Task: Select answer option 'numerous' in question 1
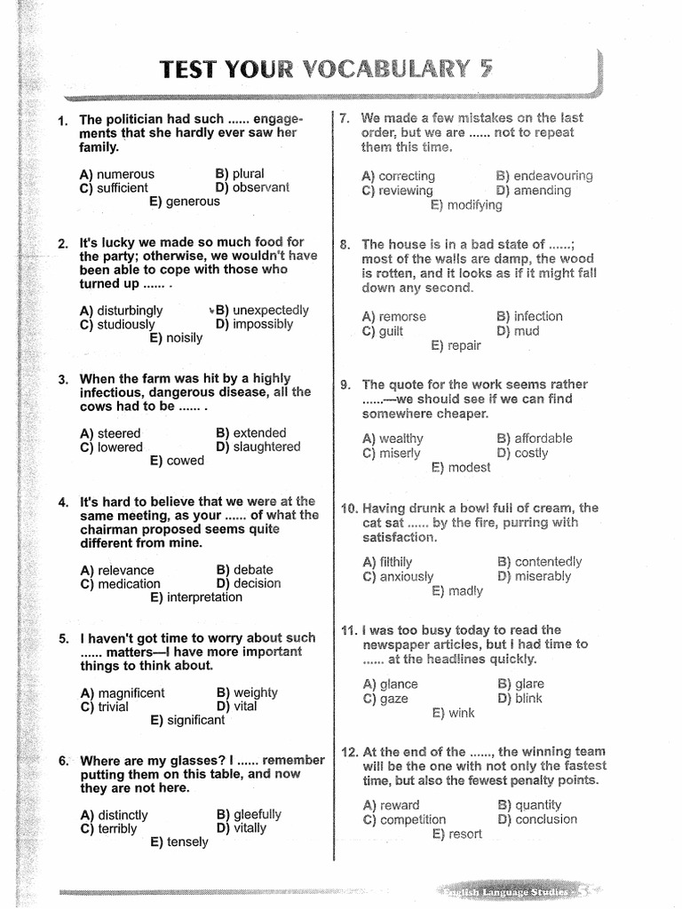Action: click(x=125, y=174)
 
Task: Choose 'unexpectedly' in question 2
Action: click(x=271, y=311)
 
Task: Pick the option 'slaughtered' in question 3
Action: click(x=266, y=447)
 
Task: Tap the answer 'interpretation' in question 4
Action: click(x=204, y=597)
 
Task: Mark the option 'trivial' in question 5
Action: click(x=113, y=707)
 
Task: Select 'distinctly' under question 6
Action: click(x=123, y=815)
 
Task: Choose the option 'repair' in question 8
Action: click(x=464, y=345)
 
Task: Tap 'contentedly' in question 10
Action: click(x=548, y=562)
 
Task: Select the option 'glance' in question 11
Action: click(x=399, y=684)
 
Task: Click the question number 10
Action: click(x=348, y=509)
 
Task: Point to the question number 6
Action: click(x=64, y=761)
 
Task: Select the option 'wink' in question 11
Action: click(x=462, y=713)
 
